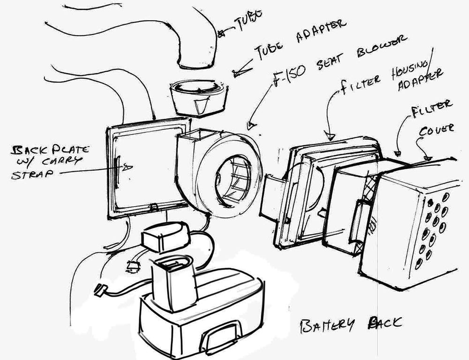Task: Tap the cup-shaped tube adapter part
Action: coord(200,98)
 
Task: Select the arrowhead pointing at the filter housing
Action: coord(331,136)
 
